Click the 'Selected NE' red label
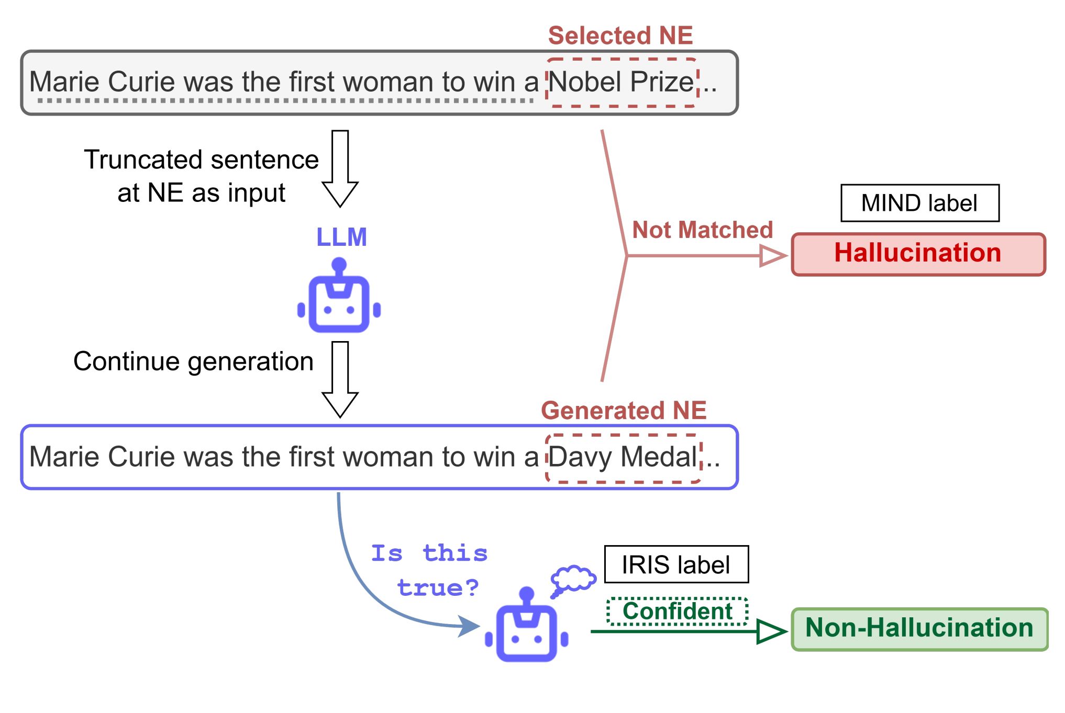[620, 36]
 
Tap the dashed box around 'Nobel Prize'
[622, 83]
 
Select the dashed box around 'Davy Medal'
[623, 458]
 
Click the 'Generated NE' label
[624, 410]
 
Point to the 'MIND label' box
[919, 203]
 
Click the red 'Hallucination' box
[918, 254]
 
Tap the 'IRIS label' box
[676, 564]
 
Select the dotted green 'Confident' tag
[677, 612]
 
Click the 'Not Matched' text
[702, 230]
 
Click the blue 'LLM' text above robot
[341, 237]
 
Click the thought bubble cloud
[573, 579]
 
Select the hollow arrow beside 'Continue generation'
[340, 379]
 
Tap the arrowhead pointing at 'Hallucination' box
[773, 256]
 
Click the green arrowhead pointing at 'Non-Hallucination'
[771, 631]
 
